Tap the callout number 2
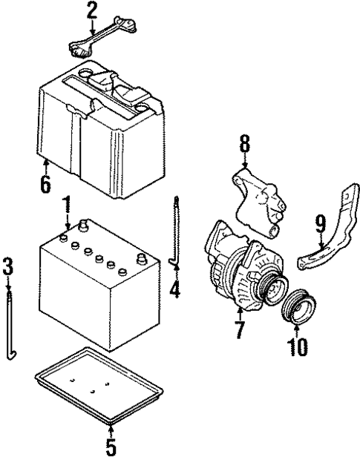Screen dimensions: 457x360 coord(92,10)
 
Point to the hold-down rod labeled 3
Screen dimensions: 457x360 coord(10,326)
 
